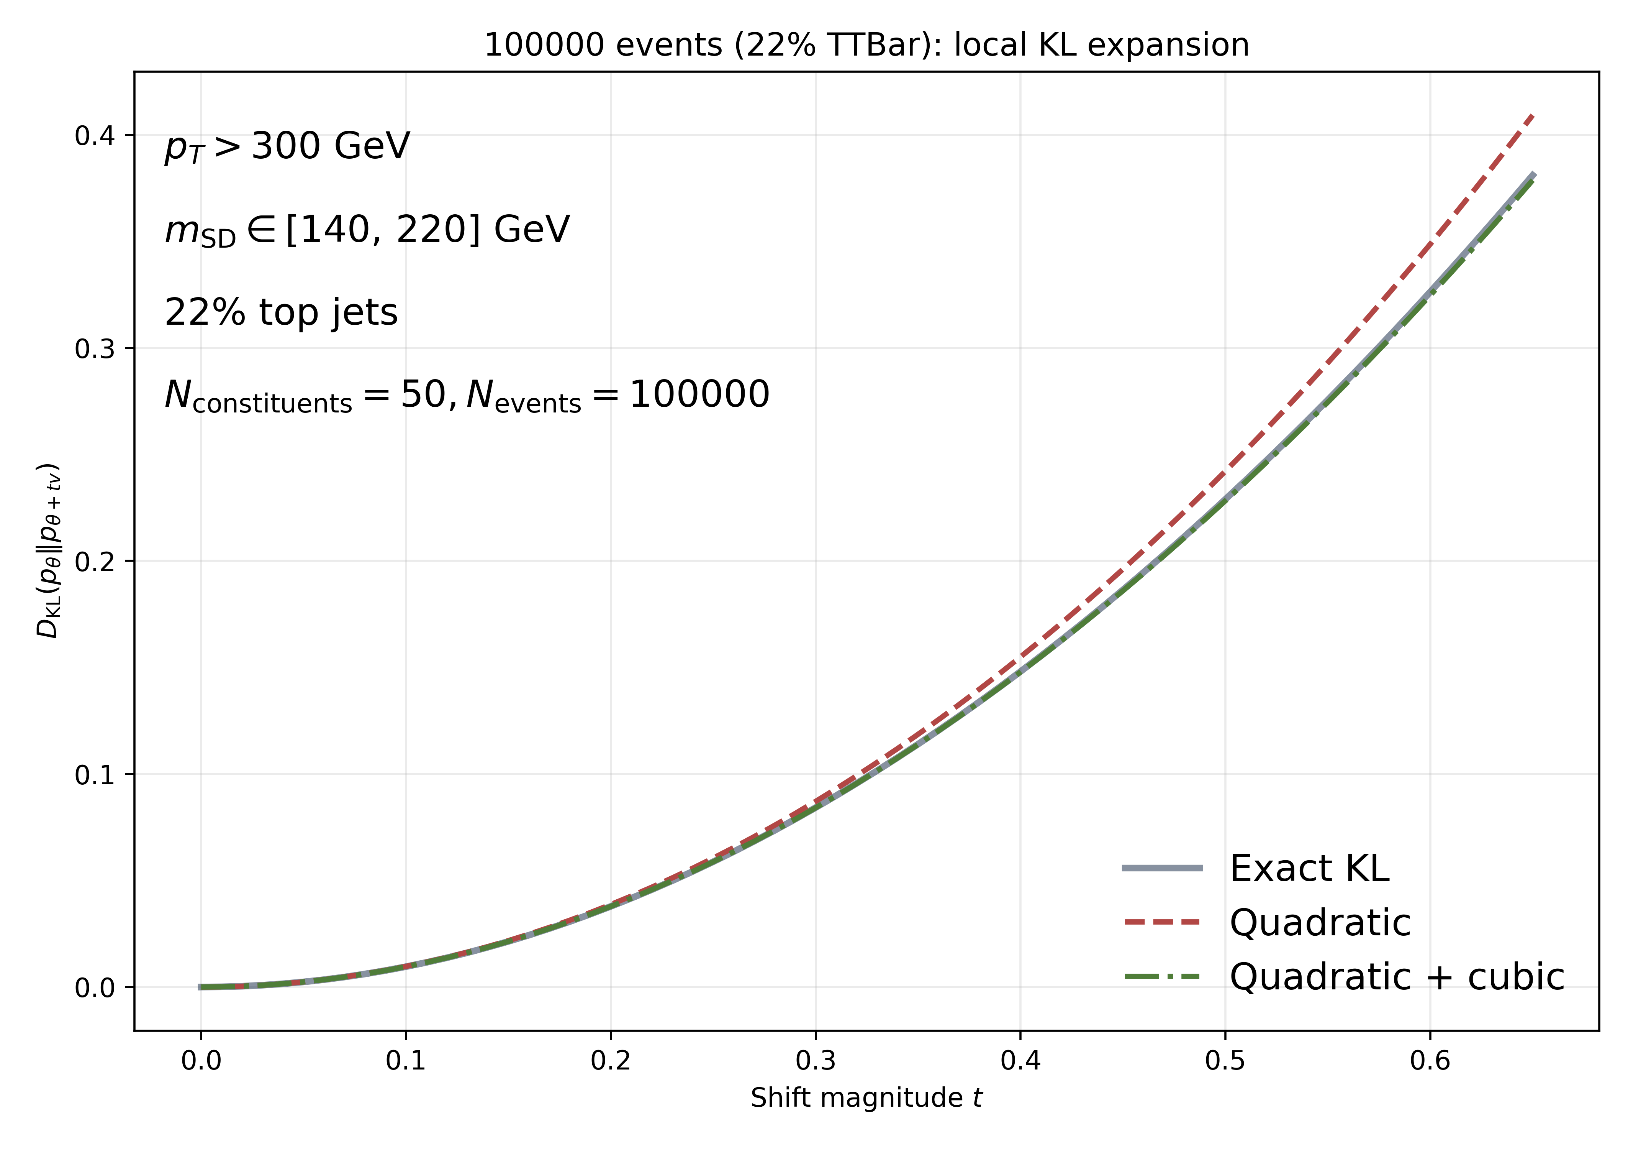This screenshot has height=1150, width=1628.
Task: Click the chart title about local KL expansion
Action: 866,45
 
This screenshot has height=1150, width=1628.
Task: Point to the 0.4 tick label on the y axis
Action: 95,135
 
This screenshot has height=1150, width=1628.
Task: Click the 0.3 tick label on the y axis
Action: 95,348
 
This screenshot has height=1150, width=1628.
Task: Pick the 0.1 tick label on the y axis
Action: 95,774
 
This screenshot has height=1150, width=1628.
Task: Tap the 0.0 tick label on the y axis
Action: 95,987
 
